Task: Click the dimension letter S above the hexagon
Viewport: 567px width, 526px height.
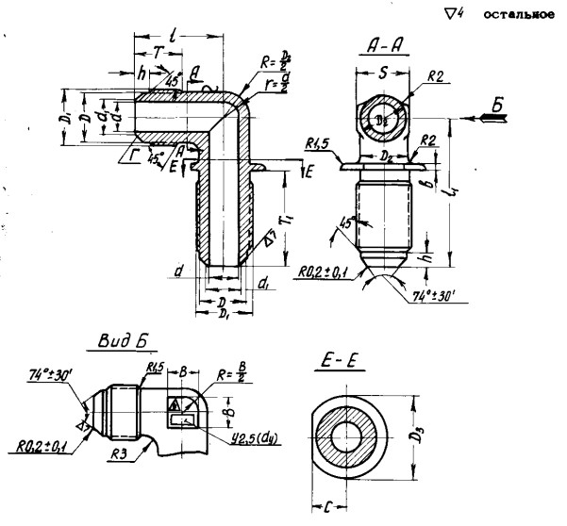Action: click(384, 71)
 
